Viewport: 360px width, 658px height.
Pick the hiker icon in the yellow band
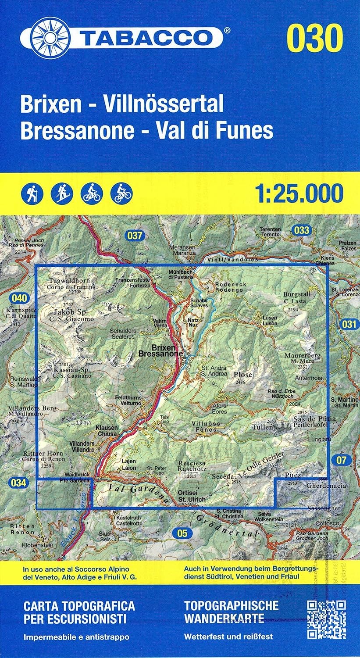(32, 193)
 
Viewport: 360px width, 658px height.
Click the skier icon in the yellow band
(62, 193)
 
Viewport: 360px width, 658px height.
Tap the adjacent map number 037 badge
(135, 236)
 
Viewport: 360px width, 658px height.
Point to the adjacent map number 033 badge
(302, 230)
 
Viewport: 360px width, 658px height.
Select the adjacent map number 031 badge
(349, 324)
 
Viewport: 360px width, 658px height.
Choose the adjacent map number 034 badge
(18, 483)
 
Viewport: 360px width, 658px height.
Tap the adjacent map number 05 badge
(182, 533)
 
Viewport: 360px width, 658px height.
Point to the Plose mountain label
(243, 375)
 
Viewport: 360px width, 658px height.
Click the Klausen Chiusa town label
(107, 430)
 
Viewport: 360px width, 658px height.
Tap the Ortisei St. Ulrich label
(192, 496)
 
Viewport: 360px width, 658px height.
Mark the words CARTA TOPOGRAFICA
(79, 606)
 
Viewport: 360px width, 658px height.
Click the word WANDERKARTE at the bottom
(224, 619)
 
